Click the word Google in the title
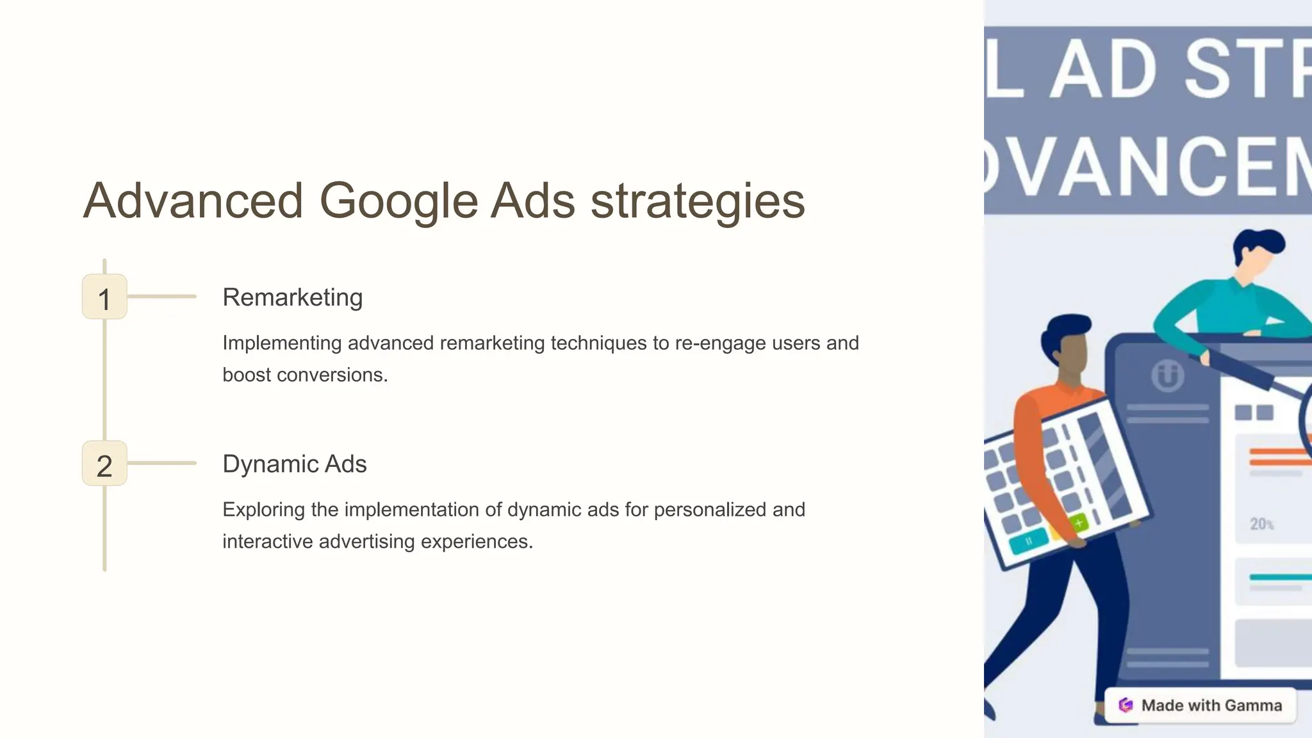[398, 201]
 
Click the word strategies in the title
[697, 201]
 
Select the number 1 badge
[104, 297]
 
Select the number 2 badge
[104, 464]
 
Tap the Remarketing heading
[292, 297]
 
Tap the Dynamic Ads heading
[294, 464]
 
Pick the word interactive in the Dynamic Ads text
[268, 541]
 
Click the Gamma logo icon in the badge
[1126, 705]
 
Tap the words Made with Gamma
[1211, 705]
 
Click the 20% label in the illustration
[1261, 524]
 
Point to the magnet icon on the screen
[1167, 376]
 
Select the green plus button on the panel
[1079, 523]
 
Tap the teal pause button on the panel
[1029, 541]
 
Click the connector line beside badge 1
[161, 297]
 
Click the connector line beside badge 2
[161, 463]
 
